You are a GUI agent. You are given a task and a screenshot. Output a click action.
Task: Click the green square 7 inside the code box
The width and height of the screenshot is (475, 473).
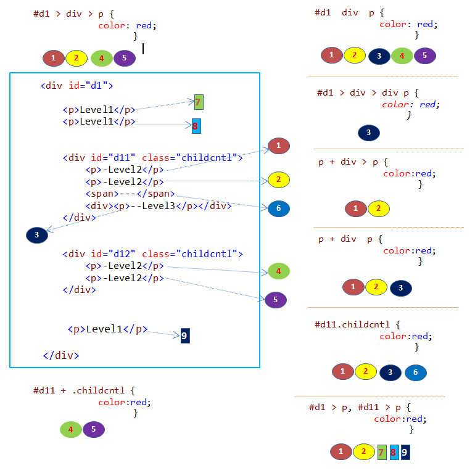198,102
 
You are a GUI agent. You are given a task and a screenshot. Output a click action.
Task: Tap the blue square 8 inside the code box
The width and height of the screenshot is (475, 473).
196,126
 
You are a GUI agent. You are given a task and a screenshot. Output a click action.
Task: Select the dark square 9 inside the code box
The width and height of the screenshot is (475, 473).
185,335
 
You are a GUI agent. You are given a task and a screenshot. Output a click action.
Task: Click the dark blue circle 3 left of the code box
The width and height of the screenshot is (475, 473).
37,235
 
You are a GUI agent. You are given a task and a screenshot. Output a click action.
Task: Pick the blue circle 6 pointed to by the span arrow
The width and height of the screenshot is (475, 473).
279,208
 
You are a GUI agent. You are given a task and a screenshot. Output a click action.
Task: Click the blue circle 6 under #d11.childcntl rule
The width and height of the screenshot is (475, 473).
416,372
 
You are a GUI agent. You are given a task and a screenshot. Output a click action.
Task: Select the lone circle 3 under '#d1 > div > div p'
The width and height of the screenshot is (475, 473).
369,133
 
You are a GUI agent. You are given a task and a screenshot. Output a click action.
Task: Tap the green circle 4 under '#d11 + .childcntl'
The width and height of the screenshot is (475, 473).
71,429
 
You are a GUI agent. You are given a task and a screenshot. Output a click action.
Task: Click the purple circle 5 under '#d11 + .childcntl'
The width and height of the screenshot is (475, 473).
94,429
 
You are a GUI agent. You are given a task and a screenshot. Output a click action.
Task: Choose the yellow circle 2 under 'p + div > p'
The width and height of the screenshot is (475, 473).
379,209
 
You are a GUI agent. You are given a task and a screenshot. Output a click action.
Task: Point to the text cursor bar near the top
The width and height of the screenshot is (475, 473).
143,48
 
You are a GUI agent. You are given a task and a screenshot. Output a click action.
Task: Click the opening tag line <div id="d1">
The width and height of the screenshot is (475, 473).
76,86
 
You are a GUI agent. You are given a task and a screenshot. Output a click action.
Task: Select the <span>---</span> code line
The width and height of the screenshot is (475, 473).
130,194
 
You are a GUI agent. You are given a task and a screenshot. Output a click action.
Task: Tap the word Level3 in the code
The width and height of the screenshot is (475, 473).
159,205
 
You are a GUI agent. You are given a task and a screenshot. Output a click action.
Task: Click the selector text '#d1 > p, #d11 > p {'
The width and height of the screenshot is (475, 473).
360,407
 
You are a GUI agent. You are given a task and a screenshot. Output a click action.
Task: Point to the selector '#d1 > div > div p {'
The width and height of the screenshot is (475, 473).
368,93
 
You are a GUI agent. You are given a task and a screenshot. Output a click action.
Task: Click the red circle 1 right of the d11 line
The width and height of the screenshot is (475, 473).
279,146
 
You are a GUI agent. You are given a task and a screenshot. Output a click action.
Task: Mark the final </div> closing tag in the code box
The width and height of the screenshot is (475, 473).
60,355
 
